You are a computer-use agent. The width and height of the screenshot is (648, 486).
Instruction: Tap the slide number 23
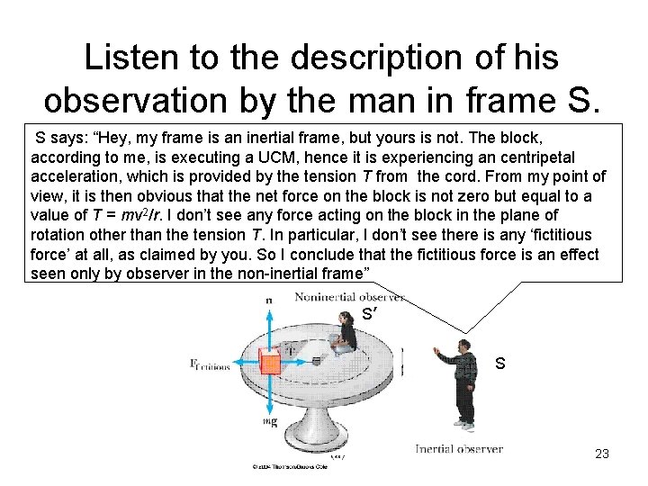click(602, 454)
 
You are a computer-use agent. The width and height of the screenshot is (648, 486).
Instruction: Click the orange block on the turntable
click(270, 364)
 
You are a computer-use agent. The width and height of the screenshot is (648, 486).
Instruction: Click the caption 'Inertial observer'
click(459, 448)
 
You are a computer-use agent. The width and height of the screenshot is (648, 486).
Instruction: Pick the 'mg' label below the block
click(269, 419)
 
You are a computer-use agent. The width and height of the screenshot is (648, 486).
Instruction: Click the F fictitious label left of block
click(210, 364)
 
